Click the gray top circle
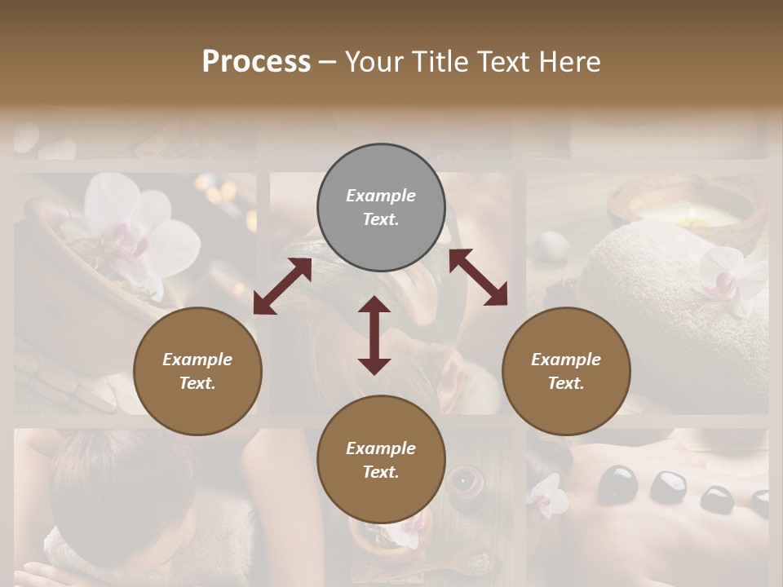[x=381, y=208]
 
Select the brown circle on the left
[x=197, y=371]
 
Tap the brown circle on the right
[x=566, y=371]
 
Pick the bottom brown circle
[x=381, y=460]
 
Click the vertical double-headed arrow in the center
[x=374, y=335]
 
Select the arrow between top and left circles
[x=282, y=286]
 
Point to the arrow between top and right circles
[x=478, y=277]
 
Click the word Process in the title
[x=256, y=61]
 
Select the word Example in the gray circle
[x=381, y=196]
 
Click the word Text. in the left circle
[x=197, y=383]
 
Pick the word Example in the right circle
[x=566, y=360]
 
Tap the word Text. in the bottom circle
[x=381, y=472]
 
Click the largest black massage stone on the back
[x=617, y=483]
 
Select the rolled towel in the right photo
[x=644, y=277]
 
